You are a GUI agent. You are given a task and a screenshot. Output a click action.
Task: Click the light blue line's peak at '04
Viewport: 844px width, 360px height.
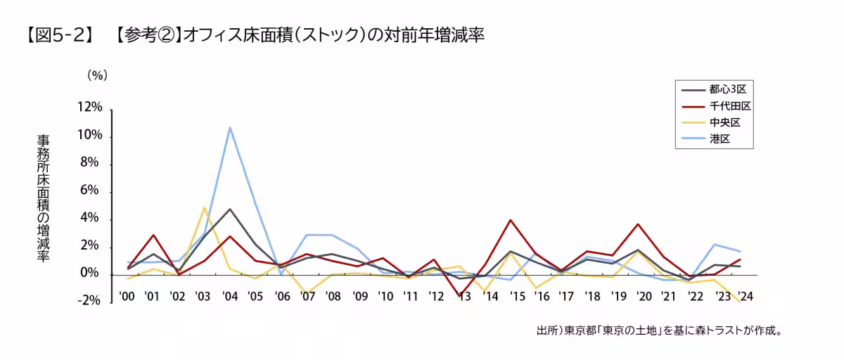click(230, 128)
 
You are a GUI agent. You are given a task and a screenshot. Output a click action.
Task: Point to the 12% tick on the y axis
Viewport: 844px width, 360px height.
click(91, 108)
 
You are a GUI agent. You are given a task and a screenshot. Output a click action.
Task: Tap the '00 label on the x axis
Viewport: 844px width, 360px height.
click(127, 296)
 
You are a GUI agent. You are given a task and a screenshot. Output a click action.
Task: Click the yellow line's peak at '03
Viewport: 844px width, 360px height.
click(204, 207)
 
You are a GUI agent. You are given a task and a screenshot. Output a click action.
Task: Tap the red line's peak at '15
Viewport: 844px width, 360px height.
click(511, 220)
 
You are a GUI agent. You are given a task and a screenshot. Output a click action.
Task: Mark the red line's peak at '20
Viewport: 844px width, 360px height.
click(638, 224)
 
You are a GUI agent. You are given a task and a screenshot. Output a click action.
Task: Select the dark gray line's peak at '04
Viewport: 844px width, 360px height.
click(230, 209)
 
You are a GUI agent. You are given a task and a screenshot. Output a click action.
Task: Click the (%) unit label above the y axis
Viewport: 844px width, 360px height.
click(97, 74)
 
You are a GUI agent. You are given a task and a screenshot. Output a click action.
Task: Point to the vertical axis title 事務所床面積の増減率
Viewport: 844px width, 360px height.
click(43, 199)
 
